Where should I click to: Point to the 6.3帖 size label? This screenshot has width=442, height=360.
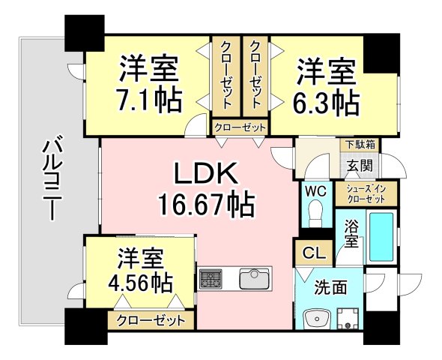(x=326, y=101)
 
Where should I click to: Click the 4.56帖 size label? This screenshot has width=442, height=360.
(x=140, y=284)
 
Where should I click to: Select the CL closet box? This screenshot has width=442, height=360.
(x=312, y=253)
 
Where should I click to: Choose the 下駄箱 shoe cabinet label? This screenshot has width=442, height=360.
(x=360, y=144)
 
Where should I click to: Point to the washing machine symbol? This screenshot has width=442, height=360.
(x=348, y=319)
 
